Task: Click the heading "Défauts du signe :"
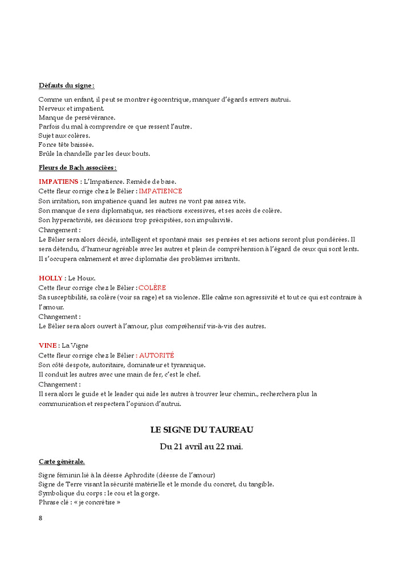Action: click(67, 86)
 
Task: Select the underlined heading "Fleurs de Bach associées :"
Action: click(78, 168)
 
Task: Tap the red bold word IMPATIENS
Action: click(59, 182)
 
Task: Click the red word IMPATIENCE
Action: click(161, 191)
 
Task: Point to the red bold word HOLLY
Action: click(51, 278)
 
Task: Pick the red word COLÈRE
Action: click(152, 288)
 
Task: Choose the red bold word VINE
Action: click(48, 345)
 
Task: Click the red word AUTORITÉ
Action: click(157, 355)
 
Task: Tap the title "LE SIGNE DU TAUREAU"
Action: click(202, 429)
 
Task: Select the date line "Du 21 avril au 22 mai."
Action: click(201, 447)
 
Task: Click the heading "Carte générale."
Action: click(62, 461)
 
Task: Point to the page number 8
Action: click(40, 518)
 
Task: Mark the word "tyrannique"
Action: click(188, 365)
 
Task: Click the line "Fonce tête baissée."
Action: click(66, 144)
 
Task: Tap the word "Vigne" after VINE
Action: click(80, 345)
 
